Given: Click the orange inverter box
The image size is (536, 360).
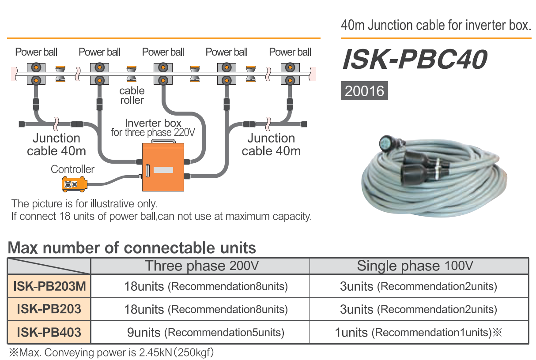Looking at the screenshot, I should point(162,168).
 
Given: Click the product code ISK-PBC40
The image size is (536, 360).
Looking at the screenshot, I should point(415,60).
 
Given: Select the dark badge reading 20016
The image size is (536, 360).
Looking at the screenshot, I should point(364,91).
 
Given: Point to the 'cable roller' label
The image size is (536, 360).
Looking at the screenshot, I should point(132,95).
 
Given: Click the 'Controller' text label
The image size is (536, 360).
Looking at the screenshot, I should point(72,169).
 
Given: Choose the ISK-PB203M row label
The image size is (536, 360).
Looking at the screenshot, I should point(49,286).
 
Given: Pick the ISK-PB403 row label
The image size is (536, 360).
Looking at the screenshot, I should point(49,332).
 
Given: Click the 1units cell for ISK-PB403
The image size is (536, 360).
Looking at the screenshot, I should point(418,332).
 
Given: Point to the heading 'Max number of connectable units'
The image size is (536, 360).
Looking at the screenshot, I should point(132,248).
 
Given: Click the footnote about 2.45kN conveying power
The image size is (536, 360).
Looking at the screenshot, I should point(111,353).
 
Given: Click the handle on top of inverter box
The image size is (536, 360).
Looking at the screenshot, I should point(162,142).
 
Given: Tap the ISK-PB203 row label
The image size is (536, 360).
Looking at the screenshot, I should point(49,309).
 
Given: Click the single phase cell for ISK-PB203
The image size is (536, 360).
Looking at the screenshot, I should point(418,309).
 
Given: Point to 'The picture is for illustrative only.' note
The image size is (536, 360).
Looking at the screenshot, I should point(84,204).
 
